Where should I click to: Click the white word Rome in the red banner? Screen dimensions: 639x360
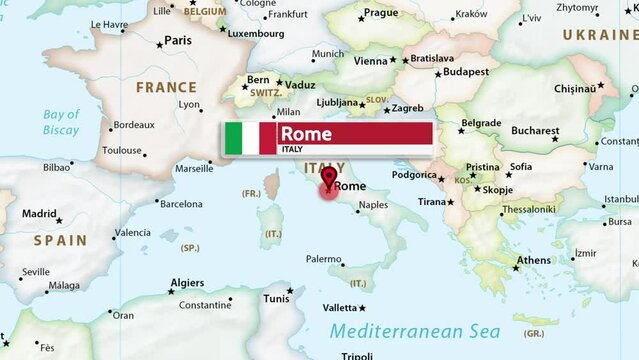coord(305,134)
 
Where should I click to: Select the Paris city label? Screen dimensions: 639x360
coord(178,40)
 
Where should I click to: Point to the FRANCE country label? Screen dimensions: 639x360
coord(166,87)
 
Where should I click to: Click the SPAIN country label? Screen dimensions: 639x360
coord(60,240)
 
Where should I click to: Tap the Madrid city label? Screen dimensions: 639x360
coord(40,213)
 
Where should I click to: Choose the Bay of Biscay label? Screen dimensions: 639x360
coord(61,122)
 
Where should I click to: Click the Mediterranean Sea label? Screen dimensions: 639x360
coord(411,331)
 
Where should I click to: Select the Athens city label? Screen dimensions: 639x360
coord(533,261)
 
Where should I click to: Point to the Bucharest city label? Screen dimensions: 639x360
coord(535,130)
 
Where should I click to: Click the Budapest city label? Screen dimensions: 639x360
coord(466,72)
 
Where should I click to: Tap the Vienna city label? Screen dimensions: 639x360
coord(370,60)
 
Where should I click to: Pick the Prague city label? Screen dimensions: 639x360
coord(381,13)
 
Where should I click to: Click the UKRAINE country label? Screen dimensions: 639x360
coord(600,34)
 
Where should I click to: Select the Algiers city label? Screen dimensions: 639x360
coord(187,283)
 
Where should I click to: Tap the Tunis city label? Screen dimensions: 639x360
coord(276,298)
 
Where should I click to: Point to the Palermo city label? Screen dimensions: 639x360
coord(323,259)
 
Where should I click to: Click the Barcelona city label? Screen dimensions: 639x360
coord(181,203)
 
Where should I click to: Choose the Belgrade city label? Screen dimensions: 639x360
coord(481,123)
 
